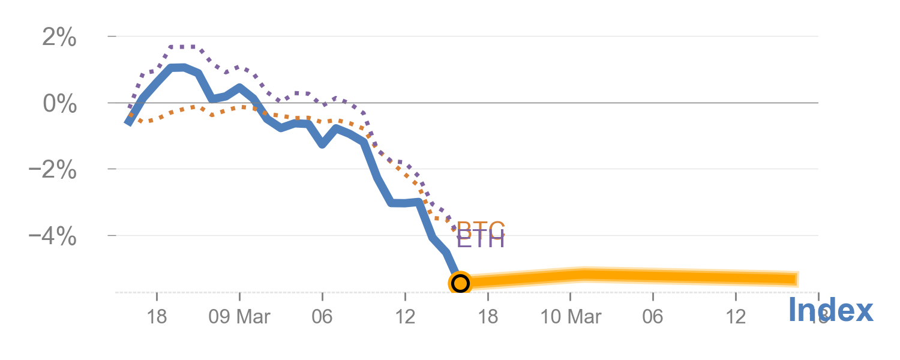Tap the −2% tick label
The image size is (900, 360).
[53, 171]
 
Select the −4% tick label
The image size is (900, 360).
[53, 237]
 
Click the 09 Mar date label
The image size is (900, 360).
[239, 317]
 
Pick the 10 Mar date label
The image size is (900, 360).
[571, 317]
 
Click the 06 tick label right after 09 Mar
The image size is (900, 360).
[322, 317]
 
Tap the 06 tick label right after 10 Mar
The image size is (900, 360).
[653, 317]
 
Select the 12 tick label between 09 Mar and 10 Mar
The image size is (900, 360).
[405, 317]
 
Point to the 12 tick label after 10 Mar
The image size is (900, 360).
[736, 317]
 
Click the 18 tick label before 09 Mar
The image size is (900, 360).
[157, 317]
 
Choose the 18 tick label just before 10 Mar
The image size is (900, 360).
[488, 317]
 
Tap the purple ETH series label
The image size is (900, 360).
[481, 241]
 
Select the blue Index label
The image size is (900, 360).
[830, 310]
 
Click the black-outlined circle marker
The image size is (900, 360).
[460, 283]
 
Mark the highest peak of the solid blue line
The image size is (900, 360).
[178, 67]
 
